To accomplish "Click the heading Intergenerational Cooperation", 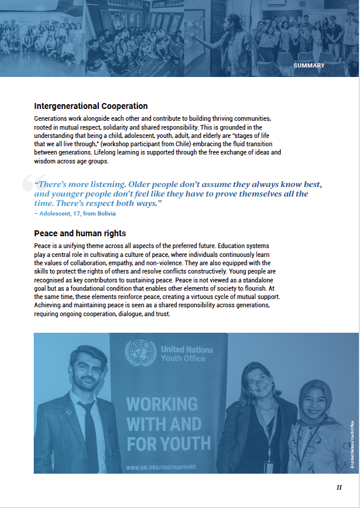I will (x=91, y=106).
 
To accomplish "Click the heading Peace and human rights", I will (x=80, y=233).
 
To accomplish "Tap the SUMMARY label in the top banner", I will (x=309, y=66).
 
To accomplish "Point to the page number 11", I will (x=339, y=487).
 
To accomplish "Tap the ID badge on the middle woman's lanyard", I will (x=270, y=465).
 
